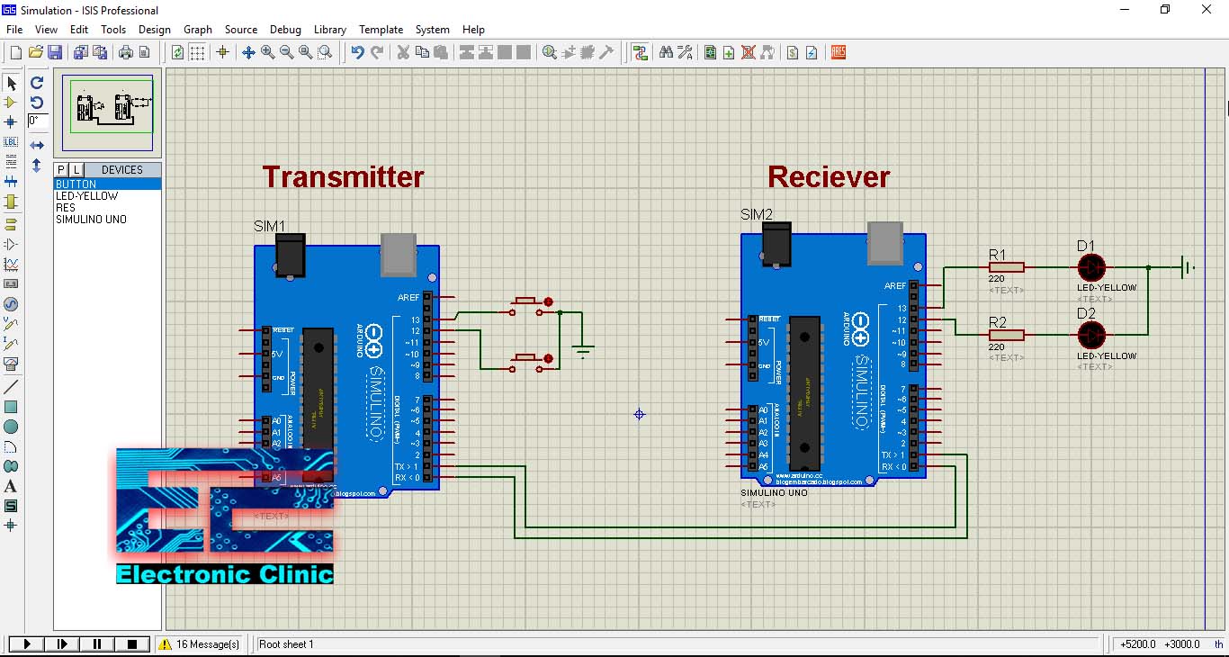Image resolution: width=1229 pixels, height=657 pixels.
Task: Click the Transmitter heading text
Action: click(x=343, y=176)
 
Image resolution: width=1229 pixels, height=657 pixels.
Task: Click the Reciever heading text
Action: click(x=828, y=176)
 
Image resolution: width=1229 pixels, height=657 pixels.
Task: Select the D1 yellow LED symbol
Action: click(x=1090, y=267)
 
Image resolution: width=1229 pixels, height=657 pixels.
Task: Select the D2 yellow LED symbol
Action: click(x=1090, y=335)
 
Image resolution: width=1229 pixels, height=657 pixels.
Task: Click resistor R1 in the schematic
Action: click(x=1006, y=267)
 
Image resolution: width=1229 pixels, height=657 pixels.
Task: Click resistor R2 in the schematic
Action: click(x=1006, y=335)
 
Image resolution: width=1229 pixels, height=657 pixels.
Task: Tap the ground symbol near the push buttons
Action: click(x=584, y=350)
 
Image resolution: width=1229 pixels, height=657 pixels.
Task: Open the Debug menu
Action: click(x=285, y=30)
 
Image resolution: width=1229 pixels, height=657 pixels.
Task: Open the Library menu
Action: click(x=330, y=30)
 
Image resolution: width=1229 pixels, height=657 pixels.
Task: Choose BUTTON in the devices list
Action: click(x=76, y=184)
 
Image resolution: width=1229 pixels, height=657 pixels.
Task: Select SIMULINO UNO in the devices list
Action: click(x=91, y=219)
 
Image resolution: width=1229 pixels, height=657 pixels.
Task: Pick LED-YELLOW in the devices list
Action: click(x=86, y=195)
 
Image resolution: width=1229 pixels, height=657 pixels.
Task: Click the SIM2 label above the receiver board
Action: click(x=756, y=214)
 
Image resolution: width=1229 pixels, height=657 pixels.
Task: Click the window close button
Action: click(x=1207, y=10)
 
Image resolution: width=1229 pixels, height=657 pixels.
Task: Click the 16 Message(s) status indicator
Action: click(x=200, y=644)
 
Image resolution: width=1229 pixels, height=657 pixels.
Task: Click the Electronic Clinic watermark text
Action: click(x=225, y=573)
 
